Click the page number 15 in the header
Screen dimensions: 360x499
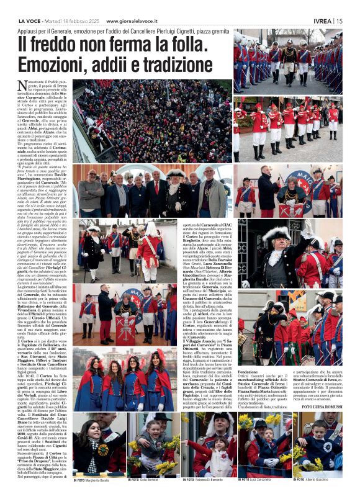(x=339, y=20)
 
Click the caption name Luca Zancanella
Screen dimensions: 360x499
(x=264, y=480)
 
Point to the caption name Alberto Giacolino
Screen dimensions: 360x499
(x=320, y=480)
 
